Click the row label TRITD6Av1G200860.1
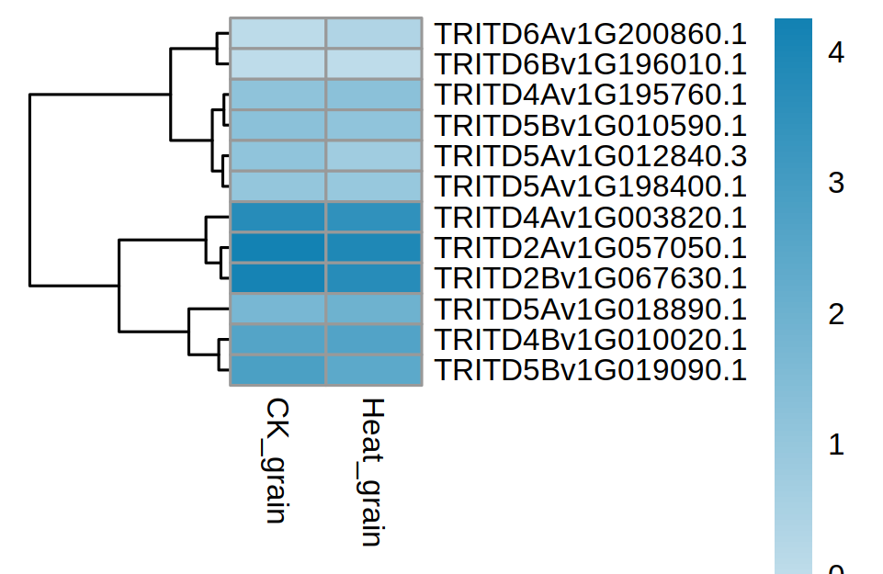(590, 34)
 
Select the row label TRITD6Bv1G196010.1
(590, 64)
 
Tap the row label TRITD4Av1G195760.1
(590, 95)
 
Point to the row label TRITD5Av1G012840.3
(590, 156)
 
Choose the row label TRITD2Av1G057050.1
(590, 248)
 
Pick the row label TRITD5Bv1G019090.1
(590, 370)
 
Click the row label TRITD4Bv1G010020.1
(590, 340)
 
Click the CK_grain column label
(276, 460)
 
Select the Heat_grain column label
(371, 472)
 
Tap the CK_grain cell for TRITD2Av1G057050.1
(277, 248)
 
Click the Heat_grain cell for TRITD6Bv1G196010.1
(374, 64)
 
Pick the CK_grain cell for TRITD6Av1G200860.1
(277, 34)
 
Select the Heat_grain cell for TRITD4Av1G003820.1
(374, 218)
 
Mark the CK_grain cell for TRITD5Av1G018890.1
(277, 310)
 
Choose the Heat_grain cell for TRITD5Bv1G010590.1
(374, 126)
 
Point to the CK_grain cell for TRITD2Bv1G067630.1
(277, 278)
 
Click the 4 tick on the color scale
(835, 54)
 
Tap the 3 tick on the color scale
(835, 185)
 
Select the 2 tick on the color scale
(835, 315)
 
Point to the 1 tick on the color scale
(835, 446)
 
